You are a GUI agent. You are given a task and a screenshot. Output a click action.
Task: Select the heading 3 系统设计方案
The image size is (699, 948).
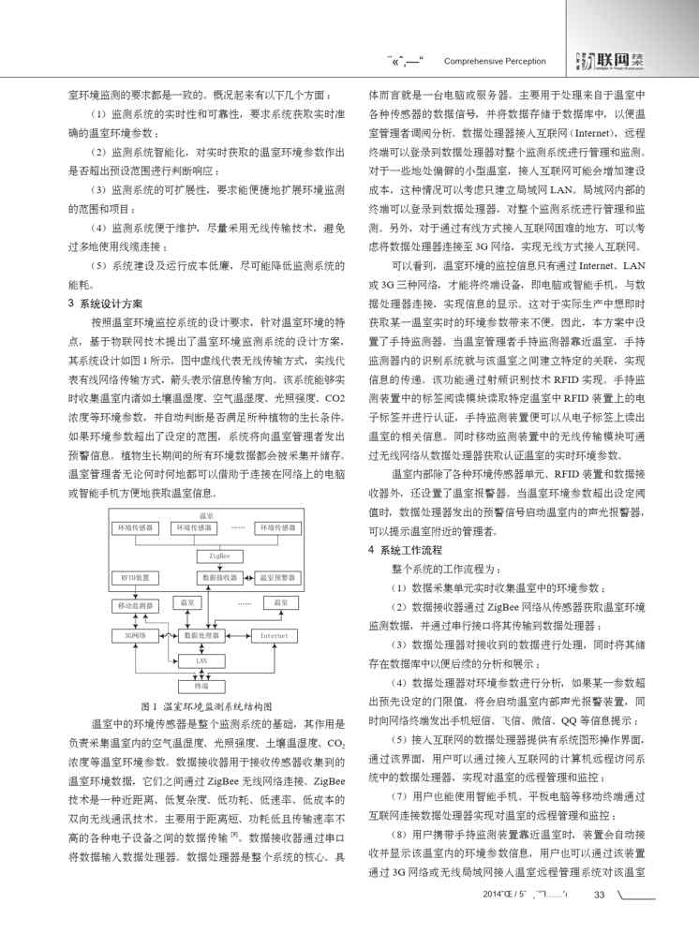pyautogui.click(x=106, y=303)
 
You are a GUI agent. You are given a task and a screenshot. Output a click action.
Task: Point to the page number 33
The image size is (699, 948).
pyautogui.click(x=600, y=920)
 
